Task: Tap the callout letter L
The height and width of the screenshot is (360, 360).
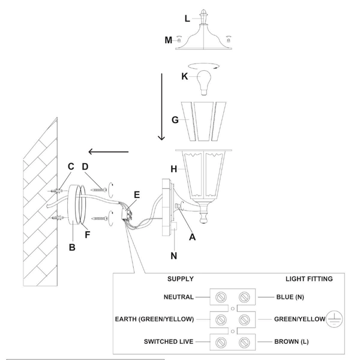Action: [187, 19]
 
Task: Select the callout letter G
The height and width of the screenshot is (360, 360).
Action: [175, 120]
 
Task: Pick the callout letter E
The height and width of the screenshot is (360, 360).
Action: [137, 194]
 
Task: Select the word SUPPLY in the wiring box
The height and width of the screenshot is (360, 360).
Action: [179, 279]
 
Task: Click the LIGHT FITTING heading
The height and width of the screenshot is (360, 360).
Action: [308, 279]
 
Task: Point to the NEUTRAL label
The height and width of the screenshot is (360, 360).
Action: [178, 297]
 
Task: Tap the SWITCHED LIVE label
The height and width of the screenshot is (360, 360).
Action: [169, 341]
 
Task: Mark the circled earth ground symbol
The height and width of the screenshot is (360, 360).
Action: [334, 320]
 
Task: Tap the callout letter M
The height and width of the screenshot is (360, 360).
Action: [169, 40]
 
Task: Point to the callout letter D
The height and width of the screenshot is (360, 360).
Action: [85, 166]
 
